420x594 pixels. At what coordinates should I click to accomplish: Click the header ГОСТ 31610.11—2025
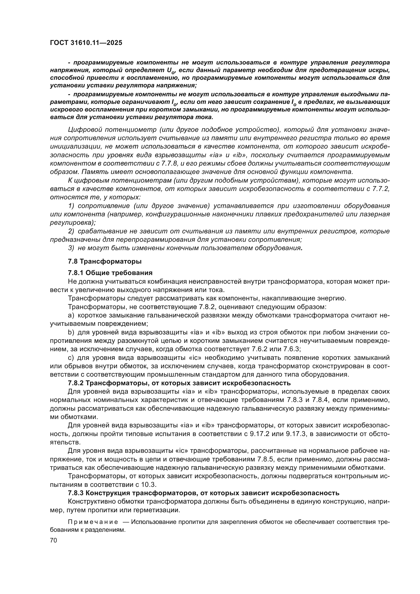point(86,43)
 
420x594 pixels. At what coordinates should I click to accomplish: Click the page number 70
point(54,540)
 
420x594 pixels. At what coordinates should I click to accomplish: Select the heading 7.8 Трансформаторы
point(105,261)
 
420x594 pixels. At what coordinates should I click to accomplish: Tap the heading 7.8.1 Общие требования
point(110,273)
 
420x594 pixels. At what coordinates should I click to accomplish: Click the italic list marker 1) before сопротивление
point(71,206)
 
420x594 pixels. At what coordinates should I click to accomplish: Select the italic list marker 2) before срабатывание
point(71,231)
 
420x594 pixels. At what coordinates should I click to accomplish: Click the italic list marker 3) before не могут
point(71,248)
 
